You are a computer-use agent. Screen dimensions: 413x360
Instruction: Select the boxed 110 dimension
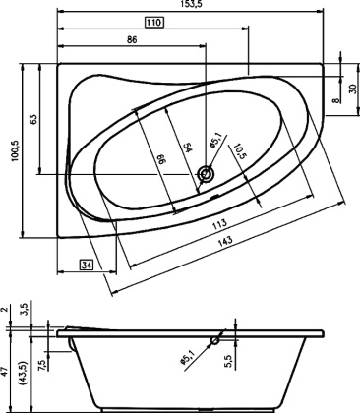point(153,23)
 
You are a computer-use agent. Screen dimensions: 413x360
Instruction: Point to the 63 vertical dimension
point(33,118)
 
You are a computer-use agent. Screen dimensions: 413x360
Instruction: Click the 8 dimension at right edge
point(334,99)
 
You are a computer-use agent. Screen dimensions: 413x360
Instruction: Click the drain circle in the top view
point(207,175)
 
